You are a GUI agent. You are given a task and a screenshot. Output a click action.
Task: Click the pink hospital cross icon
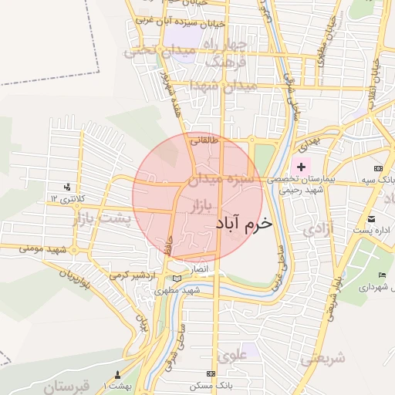coord(300,167)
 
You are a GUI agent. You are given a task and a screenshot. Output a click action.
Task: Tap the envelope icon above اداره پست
coord(373,219)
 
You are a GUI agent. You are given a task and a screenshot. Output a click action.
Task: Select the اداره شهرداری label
coord(373,286)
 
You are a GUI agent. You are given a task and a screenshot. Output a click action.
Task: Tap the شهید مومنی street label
coord(48,250)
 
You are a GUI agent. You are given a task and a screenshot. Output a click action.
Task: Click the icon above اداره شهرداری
coord(382,275)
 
